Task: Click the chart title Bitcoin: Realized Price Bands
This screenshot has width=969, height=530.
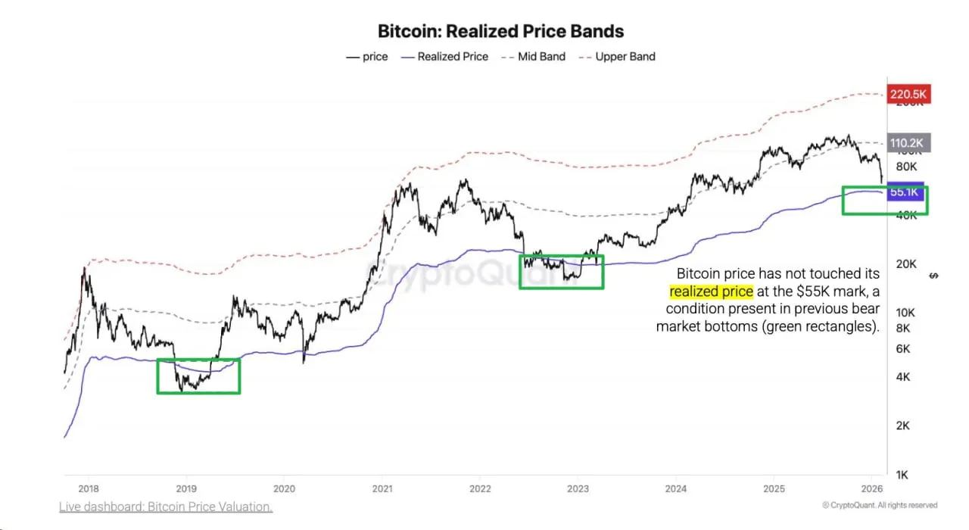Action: [500, 31]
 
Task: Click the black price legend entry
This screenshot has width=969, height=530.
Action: [367, 57]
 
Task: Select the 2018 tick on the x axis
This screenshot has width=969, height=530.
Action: [89, 488]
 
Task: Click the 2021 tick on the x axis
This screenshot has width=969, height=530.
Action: [382, 488]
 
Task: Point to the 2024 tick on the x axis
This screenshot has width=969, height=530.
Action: [676, 488]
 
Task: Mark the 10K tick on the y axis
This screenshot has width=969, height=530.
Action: [905, 313]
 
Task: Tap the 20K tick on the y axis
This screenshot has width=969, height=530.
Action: [905, 263]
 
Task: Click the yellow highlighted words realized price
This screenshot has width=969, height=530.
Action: [711, 291]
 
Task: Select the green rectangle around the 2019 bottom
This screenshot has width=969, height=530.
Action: [198, 376]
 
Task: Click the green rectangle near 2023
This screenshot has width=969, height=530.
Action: [561, 272]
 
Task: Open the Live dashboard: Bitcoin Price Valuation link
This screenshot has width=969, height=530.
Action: [166, 507]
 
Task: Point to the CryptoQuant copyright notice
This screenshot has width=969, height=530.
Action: [880, 505]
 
